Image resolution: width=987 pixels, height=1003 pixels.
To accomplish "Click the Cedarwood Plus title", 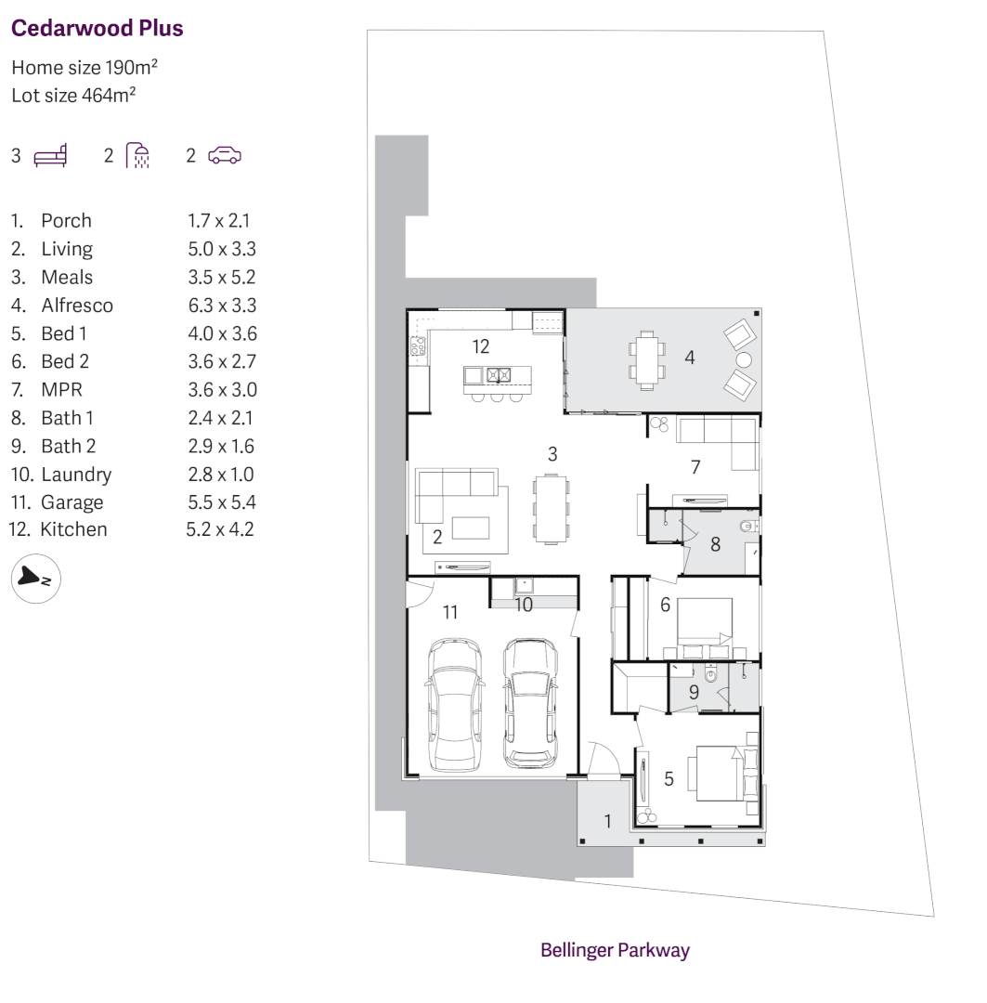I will point(97,29).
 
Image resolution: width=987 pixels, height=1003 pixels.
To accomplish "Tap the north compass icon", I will point(35,579).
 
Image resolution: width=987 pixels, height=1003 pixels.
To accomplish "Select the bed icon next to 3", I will point(50,155).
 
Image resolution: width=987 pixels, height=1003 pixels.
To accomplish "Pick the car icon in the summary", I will point(224,155).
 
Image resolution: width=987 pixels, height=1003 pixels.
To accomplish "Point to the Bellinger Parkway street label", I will point(615,950).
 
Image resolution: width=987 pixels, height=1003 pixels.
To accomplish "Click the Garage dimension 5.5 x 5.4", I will point(222,502).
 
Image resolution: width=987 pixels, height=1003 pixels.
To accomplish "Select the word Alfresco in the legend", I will point(77,306).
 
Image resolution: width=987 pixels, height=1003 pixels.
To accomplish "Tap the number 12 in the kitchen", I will point(480,346).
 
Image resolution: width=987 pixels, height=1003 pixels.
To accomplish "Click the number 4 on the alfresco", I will point(690,357).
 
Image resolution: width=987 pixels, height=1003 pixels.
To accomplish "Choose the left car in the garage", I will point(454,703).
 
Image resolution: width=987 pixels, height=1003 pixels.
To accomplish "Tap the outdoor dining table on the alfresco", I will point(647,358).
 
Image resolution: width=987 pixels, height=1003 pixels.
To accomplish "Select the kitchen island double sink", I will point(499,375).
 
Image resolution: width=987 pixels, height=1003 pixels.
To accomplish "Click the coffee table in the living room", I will point(472,528).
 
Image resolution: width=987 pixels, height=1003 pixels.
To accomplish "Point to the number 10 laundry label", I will point(524,605).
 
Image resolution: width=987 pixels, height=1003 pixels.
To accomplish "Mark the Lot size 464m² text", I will point(74,96).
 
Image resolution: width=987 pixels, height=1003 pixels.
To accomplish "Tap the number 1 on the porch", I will point(608,821).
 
